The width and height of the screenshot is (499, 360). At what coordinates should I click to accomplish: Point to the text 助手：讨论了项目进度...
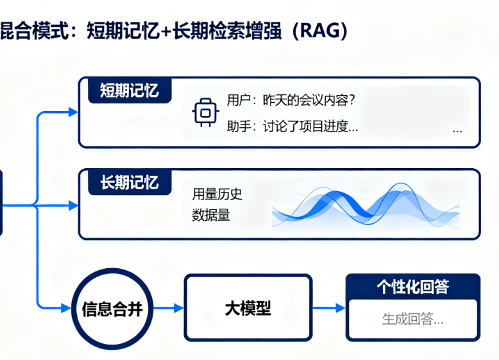pyautogui.click(x=292, y=126)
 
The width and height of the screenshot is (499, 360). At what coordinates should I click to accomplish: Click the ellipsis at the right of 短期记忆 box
pyautogui.click(x=457, y=129)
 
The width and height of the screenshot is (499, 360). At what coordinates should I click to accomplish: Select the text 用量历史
pyautogui.click(x=217, y=194)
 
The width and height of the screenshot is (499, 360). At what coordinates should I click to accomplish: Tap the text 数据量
pyautogui.click(x=211, y=216)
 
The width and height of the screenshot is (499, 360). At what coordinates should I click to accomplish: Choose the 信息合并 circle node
pyautogui.click(x=112, y=309)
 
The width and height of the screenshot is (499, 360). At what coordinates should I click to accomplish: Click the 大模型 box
pyautogui.click(x=248, y=308)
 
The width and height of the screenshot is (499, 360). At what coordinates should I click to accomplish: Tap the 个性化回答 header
pyautogui.click(x=412, y=287)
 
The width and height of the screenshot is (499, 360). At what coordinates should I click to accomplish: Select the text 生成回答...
pyautogui.click(x=412, y=319)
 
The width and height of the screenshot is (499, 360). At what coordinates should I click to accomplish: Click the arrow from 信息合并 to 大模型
pyautogui.click(x=169, y=309)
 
